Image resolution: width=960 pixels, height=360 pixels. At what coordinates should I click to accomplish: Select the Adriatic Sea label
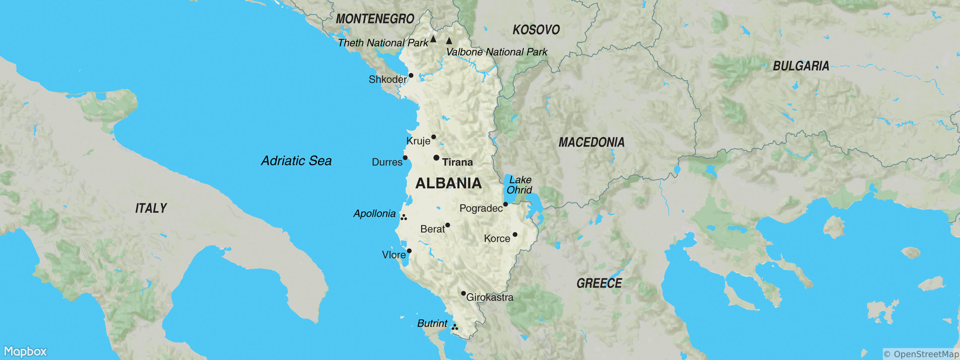pos(296,160)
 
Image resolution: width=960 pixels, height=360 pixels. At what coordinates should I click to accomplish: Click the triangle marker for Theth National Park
pos(433,39)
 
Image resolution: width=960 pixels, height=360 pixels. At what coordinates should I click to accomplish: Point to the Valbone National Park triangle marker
pos(449,40)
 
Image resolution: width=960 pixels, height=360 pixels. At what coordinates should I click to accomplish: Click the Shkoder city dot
pos(411,75)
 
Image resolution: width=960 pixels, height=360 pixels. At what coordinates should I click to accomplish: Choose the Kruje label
pos(418,141)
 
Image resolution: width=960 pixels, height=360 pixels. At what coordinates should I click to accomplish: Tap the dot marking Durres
pos(405,157)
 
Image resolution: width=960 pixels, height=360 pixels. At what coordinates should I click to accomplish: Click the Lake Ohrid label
pos(520,185)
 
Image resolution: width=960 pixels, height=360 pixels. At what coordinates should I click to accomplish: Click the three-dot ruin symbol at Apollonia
pos(403,217)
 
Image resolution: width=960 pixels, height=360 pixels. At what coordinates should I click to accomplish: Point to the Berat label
pos(432,229)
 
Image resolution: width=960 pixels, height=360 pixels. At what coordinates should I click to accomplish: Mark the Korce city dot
pos(515,234)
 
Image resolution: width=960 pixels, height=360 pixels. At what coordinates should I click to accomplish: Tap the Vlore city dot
pos(409,251)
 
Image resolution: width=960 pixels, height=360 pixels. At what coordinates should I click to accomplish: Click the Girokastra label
pos(490,297)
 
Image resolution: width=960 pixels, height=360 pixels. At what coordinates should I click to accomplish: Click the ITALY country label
pos(151,208)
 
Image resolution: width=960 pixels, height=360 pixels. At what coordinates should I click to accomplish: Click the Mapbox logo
pos(25,351)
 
